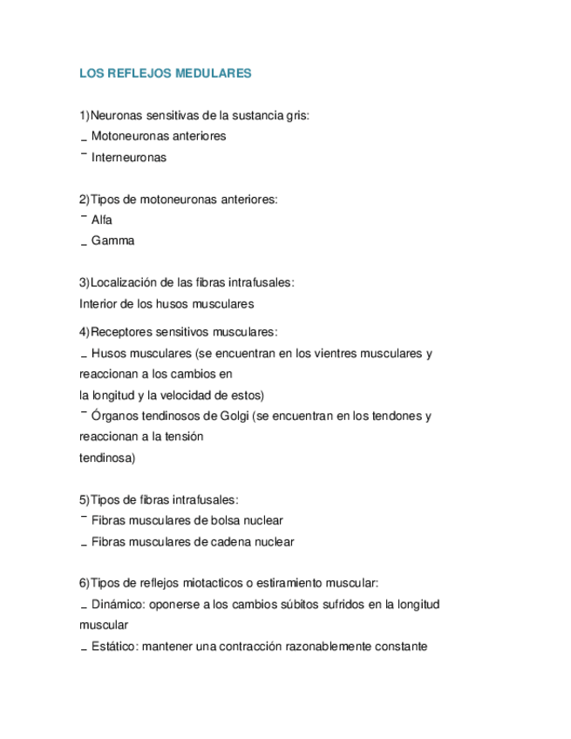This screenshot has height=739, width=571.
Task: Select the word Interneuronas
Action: coord(128,158)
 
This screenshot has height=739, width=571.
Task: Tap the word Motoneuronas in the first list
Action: coord(125,136)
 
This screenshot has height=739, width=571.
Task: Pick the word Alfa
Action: coord(101,220)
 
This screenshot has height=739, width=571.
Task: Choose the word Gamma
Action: coord(112,241)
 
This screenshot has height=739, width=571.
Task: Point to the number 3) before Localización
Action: coord(85,282)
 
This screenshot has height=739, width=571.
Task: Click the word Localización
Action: coord(126,282)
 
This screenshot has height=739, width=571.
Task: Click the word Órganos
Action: coord(115,416)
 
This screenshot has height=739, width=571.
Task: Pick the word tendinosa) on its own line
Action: coord(107,458)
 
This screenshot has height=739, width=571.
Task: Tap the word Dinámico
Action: coord(117,604)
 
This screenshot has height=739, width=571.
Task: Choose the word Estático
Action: coord(113,647)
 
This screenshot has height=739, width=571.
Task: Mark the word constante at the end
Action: coord(399,647)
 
